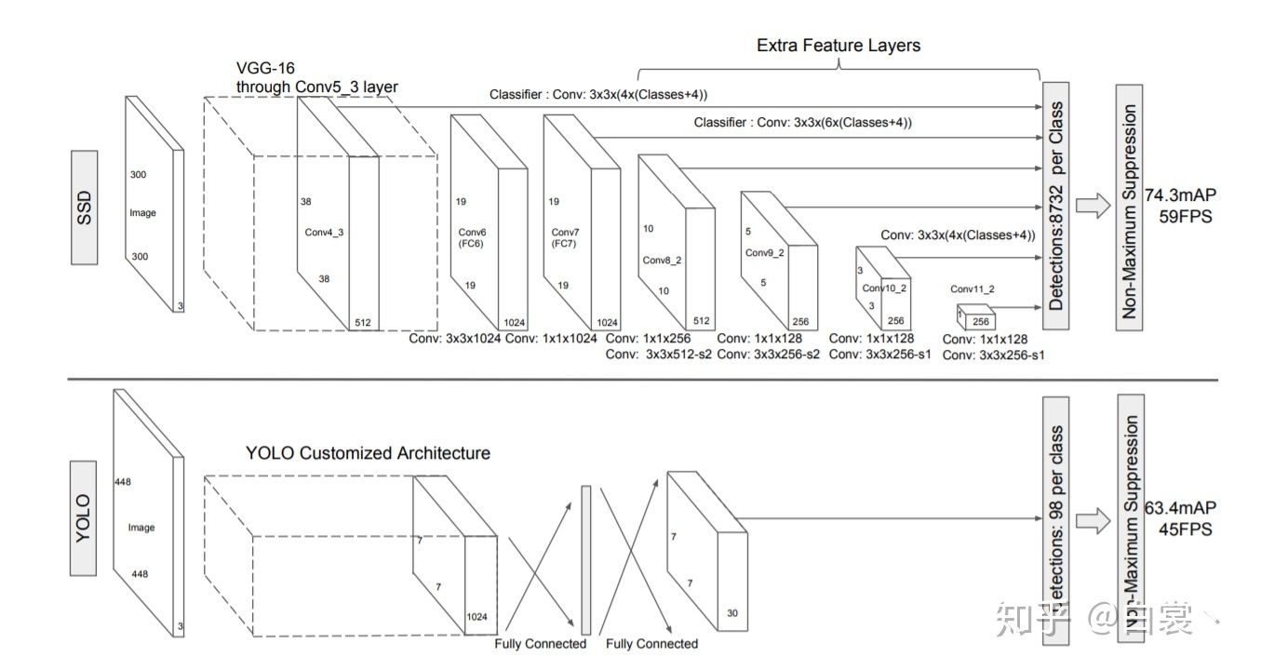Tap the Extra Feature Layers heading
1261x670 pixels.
(838, 45)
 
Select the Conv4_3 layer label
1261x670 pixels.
(323, 232)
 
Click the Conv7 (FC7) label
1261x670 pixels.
(565, 237)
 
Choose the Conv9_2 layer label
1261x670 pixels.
(764, 252)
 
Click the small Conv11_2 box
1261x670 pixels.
(974, 319)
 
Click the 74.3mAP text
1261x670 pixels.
(1181, 194)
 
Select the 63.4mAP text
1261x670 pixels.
(1180, 507)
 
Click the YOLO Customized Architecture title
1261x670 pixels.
(368, 453)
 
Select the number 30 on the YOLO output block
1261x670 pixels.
(732, 612)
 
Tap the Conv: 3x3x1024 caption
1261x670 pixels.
(455, 339)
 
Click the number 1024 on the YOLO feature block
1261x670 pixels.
(476, 616)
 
